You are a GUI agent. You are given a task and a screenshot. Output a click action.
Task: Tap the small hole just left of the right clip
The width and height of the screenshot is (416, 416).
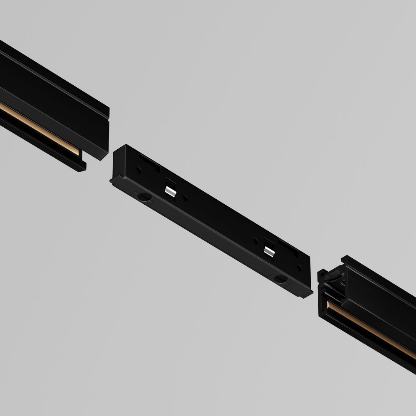[x=256, y=240]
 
